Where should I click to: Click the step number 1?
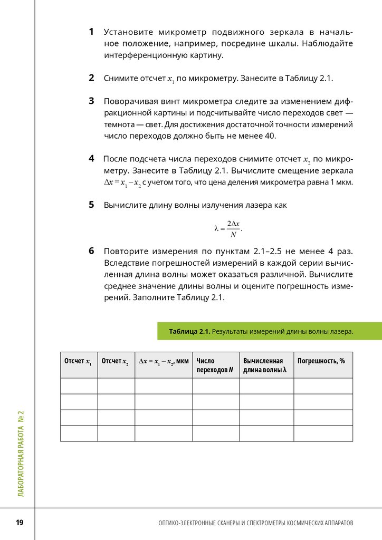coord(91,32)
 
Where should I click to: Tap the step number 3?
coord(91,101)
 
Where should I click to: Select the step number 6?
coord(91,251)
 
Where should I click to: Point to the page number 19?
coord(20,523)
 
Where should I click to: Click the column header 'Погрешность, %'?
coord(321,361)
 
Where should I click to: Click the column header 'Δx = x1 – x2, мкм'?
coord(164,361)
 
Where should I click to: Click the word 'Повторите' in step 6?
coord(126,252)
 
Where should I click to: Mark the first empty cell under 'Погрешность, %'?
coord(323,386)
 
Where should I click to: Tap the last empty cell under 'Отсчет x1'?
coord(79,433)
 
